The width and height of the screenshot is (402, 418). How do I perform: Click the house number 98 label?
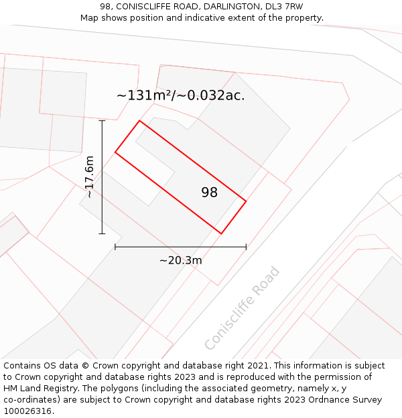click(x=209, y=193)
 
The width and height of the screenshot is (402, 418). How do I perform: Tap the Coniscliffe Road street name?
click(x=242, y=308)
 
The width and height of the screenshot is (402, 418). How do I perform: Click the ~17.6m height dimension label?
click(x=89, y=177)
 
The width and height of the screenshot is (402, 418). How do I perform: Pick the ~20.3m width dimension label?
click(x=180, y=260)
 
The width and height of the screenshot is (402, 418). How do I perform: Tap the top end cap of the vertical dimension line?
click(x=102, y=120)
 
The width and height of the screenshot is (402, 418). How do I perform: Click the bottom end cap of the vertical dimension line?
click(x=102, y=233)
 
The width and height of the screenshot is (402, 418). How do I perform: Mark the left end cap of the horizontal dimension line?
click(x=115, y=247)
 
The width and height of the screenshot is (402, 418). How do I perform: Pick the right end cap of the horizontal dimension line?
click(x=246, y=247)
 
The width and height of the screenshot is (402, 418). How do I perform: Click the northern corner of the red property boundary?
click(x=139, y=121)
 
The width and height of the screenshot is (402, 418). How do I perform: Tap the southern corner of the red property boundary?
click(x=221, y=233)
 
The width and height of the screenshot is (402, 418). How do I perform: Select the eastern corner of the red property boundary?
click(x=246, y=201)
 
